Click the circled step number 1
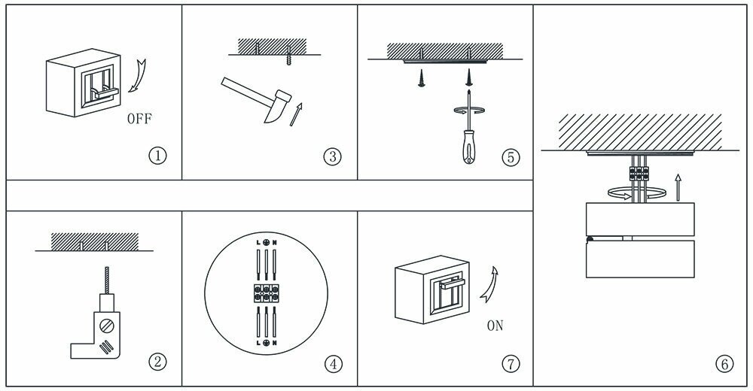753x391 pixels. point(157,156)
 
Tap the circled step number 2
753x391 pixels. point(157,362)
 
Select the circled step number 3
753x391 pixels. point(332,156)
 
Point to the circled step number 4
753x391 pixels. point(332,364)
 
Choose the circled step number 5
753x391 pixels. point(510,157)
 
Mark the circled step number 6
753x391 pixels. point(724,364)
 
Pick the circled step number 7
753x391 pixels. point(510,364)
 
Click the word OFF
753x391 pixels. point(143,119)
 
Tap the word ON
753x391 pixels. point(495,326)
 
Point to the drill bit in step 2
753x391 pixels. point(108,282)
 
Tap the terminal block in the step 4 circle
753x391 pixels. point(267,289)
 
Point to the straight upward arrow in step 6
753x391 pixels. point(678,186)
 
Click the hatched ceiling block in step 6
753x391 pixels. point(640,131)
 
